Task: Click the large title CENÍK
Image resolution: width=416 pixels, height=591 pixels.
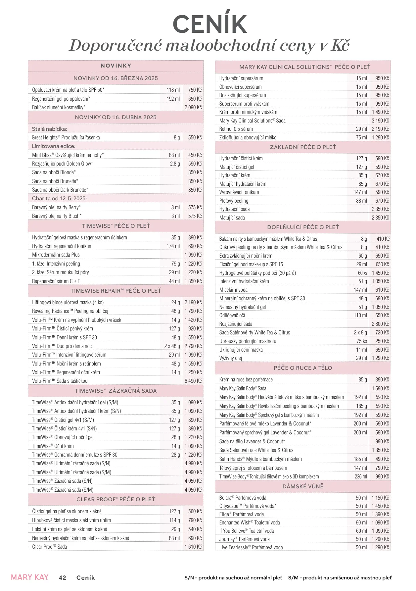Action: coord(209,24)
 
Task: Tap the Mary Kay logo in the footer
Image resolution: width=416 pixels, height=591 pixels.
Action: coord(30,577)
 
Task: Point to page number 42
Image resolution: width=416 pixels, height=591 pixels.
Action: coord(63,577)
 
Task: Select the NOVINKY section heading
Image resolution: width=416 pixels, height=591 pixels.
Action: coord(116,66)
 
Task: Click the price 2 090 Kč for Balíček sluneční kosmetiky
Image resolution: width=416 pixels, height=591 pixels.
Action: coord(193,107)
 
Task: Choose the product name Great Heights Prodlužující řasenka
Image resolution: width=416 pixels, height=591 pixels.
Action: coord(66,137)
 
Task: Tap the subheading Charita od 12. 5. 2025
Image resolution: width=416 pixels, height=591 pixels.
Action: coord(59,198)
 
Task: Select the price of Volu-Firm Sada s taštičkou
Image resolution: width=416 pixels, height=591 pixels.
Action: coord(193,381)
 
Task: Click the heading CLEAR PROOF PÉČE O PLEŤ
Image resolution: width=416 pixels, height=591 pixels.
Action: coord(116,499)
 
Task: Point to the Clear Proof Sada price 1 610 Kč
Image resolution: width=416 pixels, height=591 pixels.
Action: coord(193,547)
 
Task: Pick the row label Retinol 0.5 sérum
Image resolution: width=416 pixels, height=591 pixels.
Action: coord(236,129)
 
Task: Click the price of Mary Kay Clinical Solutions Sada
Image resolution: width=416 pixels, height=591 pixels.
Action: coord(380,121)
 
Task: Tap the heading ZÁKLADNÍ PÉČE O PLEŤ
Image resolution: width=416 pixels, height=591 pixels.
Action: coord(303,147)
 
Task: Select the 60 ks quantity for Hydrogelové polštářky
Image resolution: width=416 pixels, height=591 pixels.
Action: coord(362,273)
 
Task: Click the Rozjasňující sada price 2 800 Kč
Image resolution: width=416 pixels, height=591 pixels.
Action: coord(380,324)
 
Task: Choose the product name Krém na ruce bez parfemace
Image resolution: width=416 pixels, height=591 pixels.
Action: coord(246,379)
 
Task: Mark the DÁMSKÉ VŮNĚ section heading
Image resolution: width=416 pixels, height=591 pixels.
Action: coord(303,486)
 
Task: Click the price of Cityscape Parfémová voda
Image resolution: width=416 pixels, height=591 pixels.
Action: coord(380,506)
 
